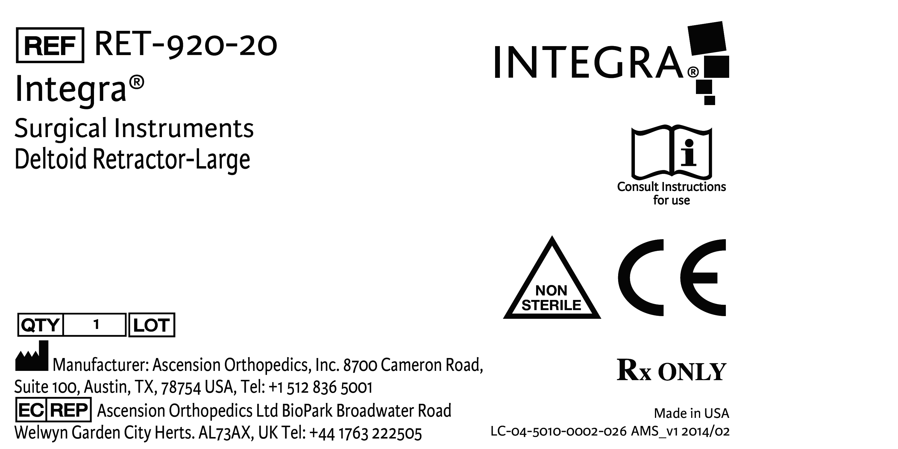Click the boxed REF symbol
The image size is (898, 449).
[50, 45]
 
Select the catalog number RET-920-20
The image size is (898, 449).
[186, 45]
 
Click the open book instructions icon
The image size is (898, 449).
[671, 152]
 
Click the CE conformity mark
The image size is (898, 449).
[672, 277]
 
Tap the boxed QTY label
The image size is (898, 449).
[40, 325]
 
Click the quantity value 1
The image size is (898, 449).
[96, 325]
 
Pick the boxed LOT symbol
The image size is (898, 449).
[152, 325]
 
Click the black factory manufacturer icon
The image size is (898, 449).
[32, 356]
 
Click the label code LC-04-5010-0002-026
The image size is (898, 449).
[559, 432]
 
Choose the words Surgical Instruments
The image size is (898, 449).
[134, 129]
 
